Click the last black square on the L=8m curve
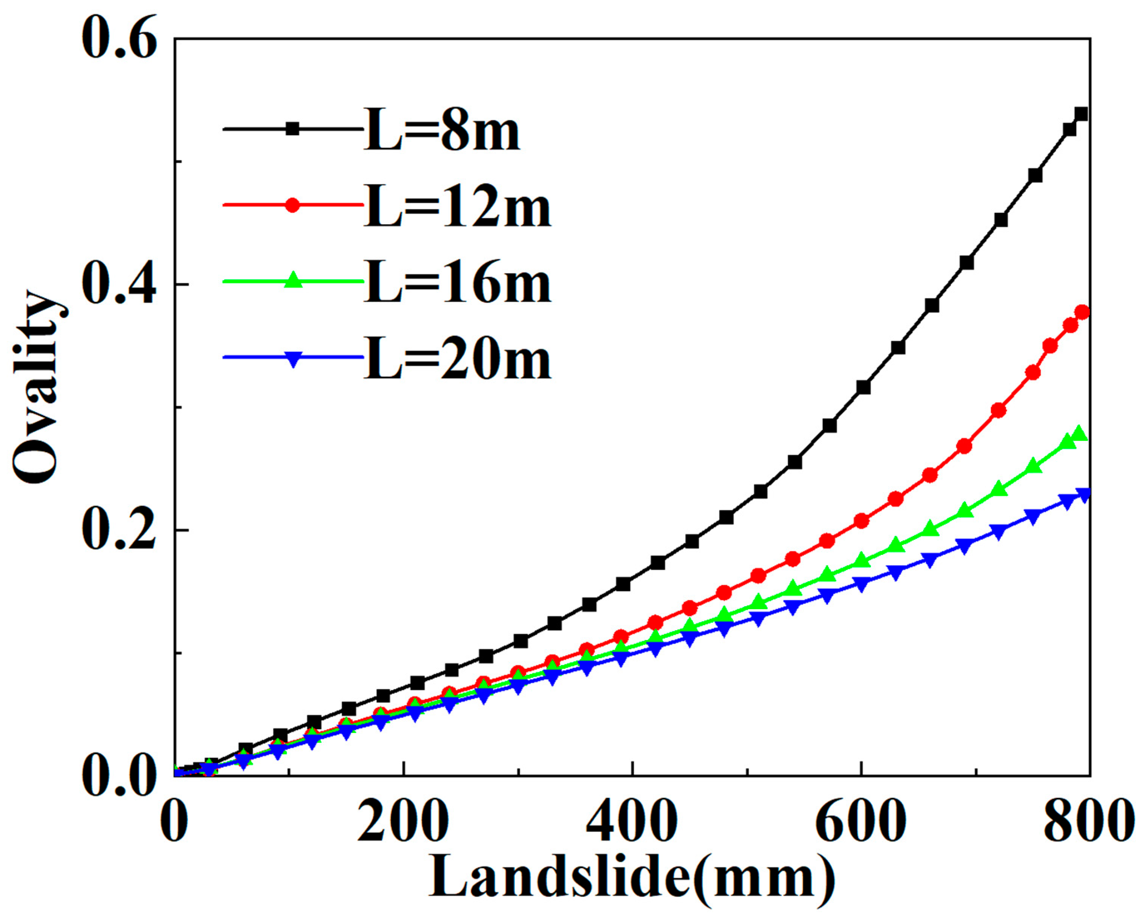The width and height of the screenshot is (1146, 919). [1081, 114]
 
